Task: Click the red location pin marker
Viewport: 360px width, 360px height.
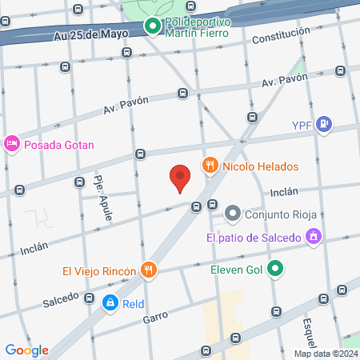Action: (181, 178)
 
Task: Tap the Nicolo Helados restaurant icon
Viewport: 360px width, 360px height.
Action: (210, 166)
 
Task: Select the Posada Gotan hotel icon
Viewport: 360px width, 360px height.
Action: (11, 144)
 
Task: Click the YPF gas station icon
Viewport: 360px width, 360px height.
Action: (323, 124)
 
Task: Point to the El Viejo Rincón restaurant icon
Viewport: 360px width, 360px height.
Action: (147, 270)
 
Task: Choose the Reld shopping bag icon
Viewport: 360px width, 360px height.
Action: (110, 303)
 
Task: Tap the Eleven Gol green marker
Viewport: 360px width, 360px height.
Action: (275, 270)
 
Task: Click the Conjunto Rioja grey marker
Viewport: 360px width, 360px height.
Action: (233, 213)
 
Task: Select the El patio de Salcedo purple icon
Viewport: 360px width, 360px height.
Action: (314, 237)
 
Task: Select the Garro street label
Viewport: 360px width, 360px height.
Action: (155, 318)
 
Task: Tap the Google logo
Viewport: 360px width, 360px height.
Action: (26, 350)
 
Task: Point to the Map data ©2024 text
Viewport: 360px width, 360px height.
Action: (326, 354)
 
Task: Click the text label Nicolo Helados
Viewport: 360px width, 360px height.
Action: (261, 166)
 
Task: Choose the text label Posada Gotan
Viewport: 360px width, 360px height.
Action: (60, 145)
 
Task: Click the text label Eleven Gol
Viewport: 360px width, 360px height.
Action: (237, 270)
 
